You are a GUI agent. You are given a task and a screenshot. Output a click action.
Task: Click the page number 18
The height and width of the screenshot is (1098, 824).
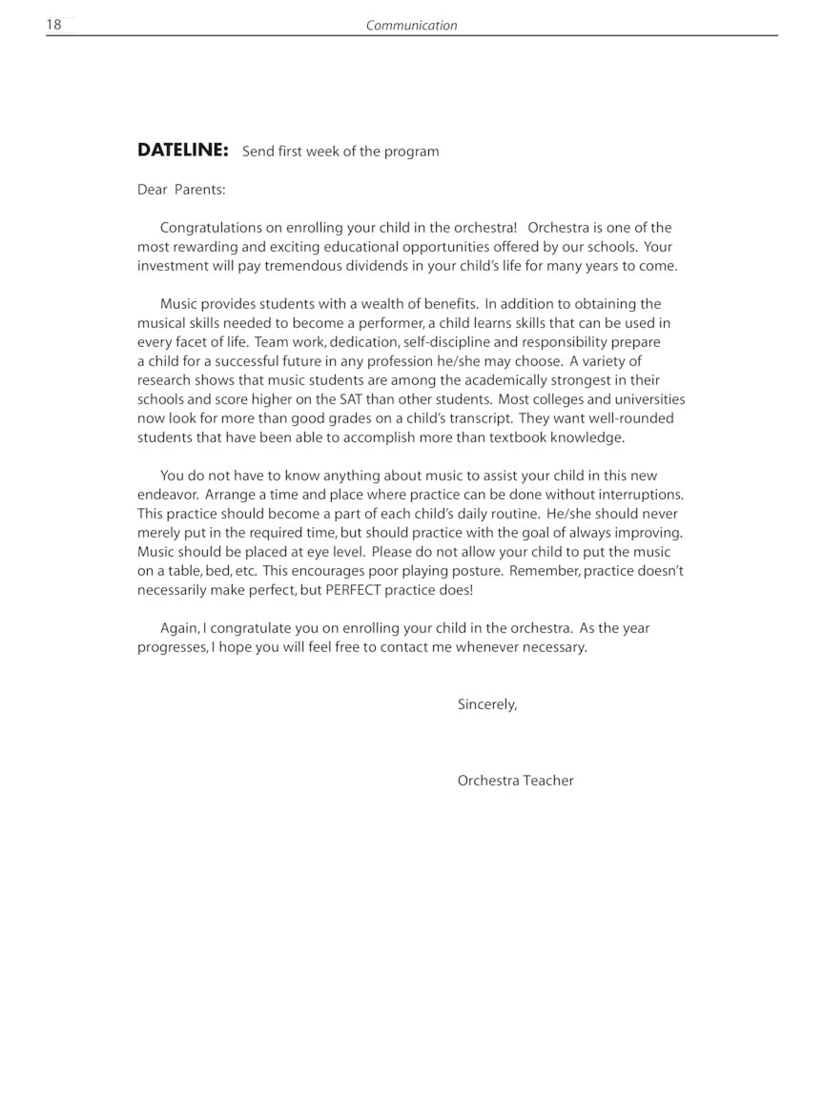click(x=54, y=25)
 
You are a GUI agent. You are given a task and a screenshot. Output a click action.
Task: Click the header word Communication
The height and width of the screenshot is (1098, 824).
click(x=411, y=26)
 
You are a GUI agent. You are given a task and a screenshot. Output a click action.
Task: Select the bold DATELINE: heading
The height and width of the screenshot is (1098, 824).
click(x=183, y=150)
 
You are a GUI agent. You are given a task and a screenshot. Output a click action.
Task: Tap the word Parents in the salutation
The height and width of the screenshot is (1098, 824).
click(x=199, y=190)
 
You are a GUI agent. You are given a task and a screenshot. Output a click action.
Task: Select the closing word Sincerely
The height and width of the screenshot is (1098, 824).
click(x=487, y=704)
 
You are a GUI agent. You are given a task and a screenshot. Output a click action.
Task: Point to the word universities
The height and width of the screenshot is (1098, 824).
click(x=645, y=399)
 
